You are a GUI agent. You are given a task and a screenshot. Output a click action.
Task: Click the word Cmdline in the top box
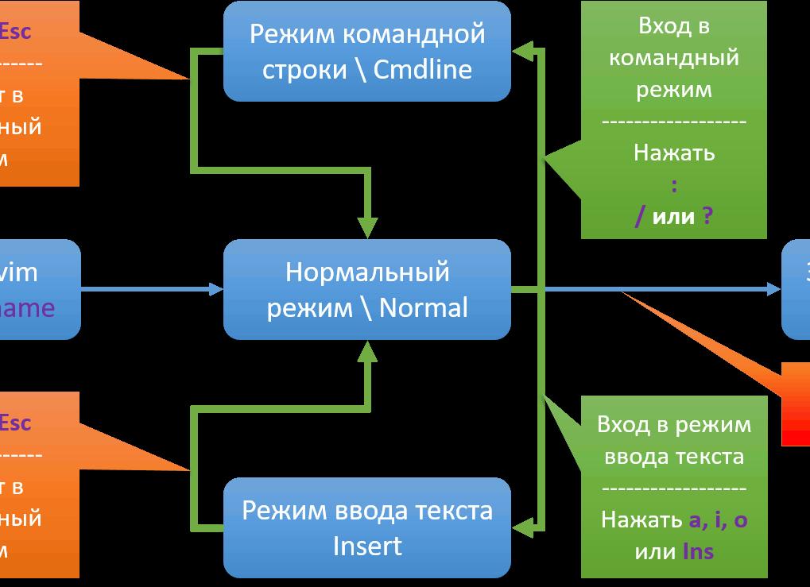pos(423,69)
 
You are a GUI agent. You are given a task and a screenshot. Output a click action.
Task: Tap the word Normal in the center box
pos(424,307)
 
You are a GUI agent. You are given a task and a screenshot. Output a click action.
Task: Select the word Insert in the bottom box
pos(367,546)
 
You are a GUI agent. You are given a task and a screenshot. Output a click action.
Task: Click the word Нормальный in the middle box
pos(367,272)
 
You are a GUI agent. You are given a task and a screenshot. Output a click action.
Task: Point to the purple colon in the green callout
pos(674,185)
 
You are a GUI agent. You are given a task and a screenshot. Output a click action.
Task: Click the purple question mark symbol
pos(707,215)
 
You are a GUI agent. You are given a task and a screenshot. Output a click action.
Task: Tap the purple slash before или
pos(640,216)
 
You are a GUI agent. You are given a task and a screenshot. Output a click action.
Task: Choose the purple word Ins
pos(698,550)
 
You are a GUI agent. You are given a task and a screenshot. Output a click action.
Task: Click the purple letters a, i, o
pos(719,519)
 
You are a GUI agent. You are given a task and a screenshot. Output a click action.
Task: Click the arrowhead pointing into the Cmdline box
pos(521,52)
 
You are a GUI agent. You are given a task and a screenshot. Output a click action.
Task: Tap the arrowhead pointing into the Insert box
pos(521,526)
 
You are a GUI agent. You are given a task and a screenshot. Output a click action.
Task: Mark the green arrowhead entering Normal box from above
pos(367,226)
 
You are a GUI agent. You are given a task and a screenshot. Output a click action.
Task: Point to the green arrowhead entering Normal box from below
pos(367,352)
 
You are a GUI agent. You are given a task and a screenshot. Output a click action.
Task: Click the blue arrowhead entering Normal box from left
pos(215,289)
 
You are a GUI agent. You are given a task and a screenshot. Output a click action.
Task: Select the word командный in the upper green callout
pos(674,57)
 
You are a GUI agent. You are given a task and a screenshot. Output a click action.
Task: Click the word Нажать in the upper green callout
pos(674,153)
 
